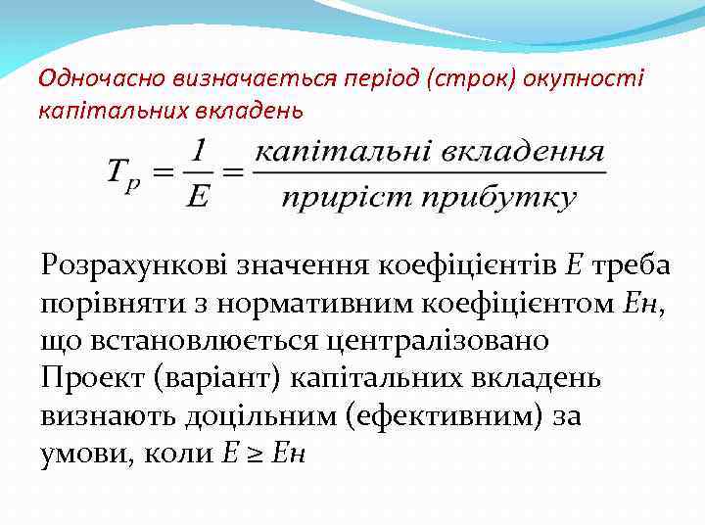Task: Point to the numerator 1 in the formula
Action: [199, 152]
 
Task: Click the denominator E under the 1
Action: [197, 195]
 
